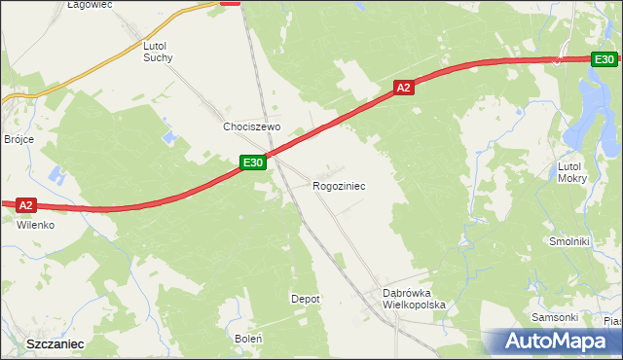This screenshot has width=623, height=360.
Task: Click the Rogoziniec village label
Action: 339,185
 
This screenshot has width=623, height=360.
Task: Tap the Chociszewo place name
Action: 251,127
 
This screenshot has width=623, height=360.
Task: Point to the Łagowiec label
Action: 90,5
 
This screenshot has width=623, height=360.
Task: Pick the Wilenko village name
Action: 35,224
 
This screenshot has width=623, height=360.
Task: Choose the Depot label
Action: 306,299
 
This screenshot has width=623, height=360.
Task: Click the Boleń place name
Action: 248,338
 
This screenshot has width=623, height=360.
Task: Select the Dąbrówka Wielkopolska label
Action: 414,299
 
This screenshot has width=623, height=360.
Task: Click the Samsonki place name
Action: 555,317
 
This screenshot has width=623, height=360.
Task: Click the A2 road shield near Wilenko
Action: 26,204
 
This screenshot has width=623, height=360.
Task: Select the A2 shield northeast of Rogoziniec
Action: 405,88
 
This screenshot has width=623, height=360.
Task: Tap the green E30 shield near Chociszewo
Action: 252,162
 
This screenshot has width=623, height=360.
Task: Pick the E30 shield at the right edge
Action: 604,59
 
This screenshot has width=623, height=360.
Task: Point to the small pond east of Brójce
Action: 55,178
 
